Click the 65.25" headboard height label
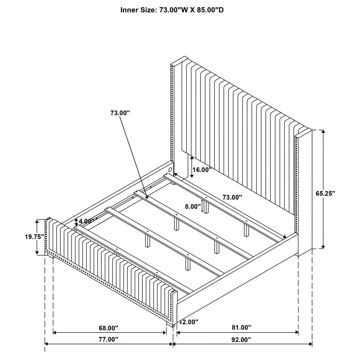pyautogui.click(x=325, y=194)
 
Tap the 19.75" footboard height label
pyautogui.click(x=34, y=237)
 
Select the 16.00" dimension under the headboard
pyautogui.click(x=202, y=170)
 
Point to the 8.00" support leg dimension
pyautogui.click(x=193, y=207)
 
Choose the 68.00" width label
pyautogui.click(x=108, y=328)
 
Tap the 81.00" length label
pyautogui.click(x=241, y=328)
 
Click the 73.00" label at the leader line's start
pyautogui.click(x=120, y=113)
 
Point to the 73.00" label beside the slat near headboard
pyautogui.click(x=232, y=197)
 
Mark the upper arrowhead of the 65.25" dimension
pyautogui.click(x=323, y=132)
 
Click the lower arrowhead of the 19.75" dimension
pyautogui.click(x=37, y=253)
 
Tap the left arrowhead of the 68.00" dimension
pyautogui.click(x=55, y=332)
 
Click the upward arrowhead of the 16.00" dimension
pyautogui.click(x=192, y=157)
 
